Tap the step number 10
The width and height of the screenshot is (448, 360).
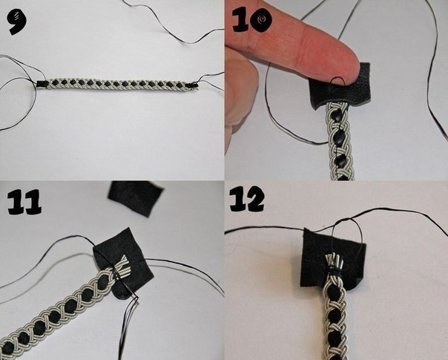pyautogui.click(x=251, y=20)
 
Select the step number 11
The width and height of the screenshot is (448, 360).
pyautogui.click(x=24, y=203)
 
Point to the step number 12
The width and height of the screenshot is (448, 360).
pyautogui.click(x=247, y=199)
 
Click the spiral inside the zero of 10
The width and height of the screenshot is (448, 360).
pyautogui.click(x=261, y=20)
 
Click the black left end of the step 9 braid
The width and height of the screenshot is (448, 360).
pyautogui.click(x=42, y=84)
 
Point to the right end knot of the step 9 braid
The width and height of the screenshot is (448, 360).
pyautogui.click(x=194, y=85)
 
